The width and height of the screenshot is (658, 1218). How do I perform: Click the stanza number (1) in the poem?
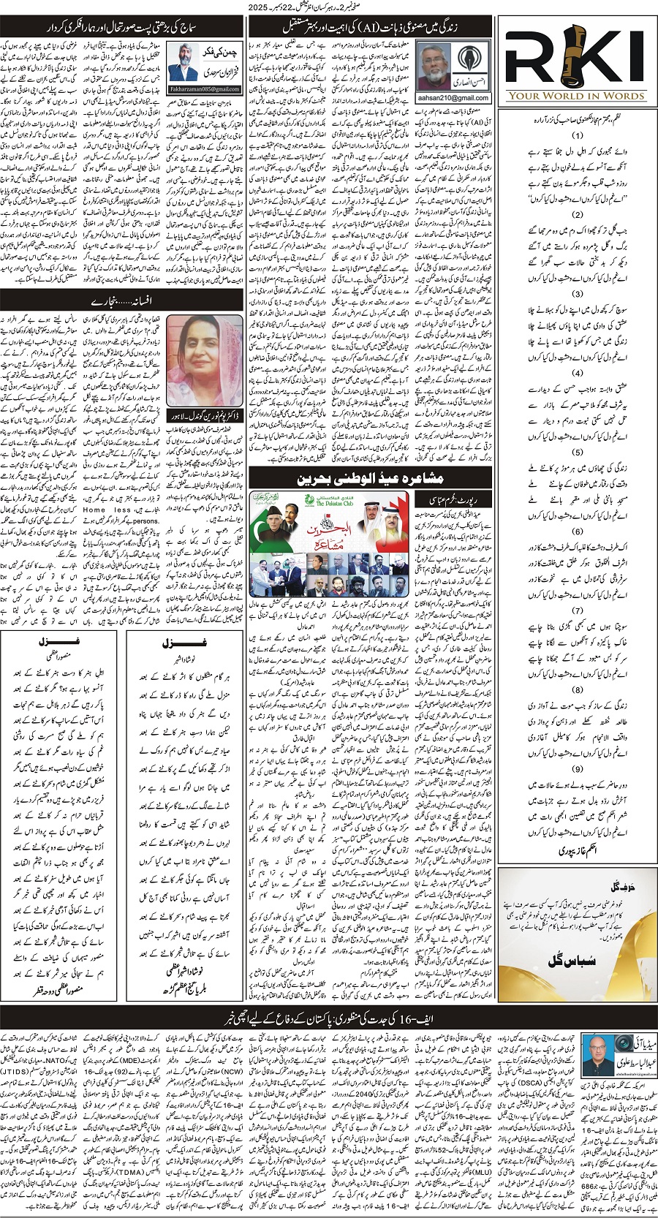[x=578, y=136]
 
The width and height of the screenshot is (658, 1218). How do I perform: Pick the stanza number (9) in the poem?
[x=578, y=769]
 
